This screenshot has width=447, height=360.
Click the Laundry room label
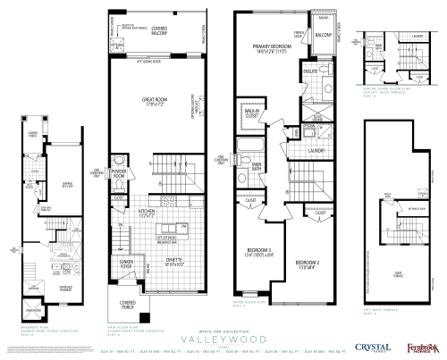coord(314,151)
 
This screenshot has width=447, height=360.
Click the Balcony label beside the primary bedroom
coord(323,34)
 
